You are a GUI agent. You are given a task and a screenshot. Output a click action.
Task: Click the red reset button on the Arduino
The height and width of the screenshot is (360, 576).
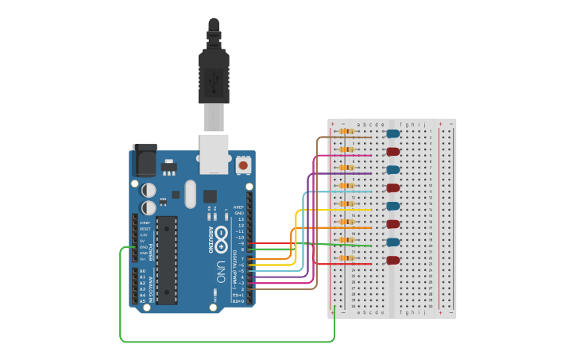click(x=243, y=165)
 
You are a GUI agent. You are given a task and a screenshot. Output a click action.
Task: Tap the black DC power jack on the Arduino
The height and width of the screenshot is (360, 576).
click(x=145, y=161)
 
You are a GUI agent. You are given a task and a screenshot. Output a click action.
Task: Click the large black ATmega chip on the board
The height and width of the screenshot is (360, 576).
click(x=167, y=259)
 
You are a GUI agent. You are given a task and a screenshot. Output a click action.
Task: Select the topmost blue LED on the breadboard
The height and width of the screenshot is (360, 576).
click(x=392, y=134)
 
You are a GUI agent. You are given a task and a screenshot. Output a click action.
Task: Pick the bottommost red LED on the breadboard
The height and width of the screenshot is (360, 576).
click(x=392, y=260)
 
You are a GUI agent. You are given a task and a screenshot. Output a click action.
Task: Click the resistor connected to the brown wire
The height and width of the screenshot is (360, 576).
click(x=346, y=131)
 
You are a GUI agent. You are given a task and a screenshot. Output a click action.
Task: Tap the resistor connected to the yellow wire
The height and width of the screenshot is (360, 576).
click(x=346, y=203)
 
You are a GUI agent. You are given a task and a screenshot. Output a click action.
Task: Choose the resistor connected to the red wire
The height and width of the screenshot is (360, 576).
click(x=346, y=257)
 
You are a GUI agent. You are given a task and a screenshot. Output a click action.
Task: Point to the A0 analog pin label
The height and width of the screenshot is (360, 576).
click(x=142, y=271)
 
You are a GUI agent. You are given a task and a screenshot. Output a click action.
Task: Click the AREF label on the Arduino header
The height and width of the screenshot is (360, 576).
click(x=238, y=207)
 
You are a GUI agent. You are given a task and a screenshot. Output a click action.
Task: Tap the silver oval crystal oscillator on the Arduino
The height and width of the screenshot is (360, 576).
click(x=189, y=193)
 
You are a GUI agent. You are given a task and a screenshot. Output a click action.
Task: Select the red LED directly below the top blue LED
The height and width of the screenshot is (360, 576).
click(x=392, y=151)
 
